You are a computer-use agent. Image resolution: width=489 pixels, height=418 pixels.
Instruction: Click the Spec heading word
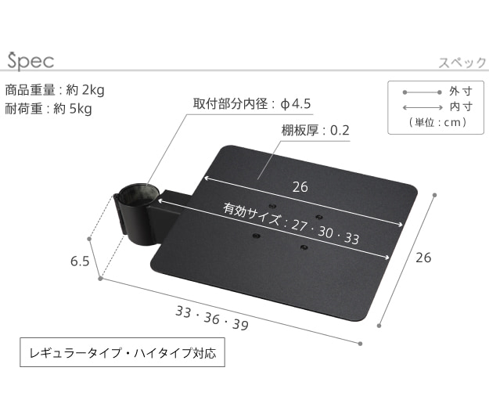click(x=31, y=61)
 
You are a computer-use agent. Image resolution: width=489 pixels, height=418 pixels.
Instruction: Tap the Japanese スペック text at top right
click(x=462, y=63)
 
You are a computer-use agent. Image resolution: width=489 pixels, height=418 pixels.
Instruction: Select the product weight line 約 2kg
click(x=55, y=90)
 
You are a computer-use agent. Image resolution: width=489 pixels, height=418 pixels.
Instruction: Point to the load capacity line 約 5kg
click(x=49, y=109)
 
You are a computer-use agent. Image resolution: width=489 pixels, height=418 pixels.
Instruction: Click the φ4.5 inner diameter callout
click(x=252, y=104)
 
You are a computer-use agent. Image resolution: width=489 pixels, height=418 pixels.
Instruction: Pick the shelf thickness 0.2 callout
click(x=315, y=131)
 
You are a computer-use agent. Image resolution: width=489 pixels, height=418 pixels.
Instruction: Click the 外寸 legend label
click(x=461, y=92)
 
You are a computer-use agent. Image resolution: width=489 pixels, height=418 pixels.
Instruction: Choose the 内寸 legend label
click(x=461, y=106)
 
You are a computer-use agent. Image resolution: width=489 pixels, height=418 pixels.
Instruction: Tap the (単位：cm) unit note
click(x=438, y=122)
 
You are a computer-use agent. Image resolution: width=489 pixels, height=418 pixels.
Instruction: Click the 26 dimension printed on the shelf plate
click(x=300, y=187)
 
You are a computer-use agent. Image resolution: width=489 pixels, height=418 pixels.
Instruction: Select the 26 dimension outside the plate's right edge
click(x=423, y=258)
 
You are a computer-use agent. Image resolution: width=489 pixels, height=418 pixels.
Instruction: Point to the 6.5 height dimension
click(x=80, y=261)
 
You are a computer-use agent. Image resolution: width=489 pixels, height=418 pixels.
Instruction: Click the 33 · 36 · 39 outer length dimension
click(x=212, y=318)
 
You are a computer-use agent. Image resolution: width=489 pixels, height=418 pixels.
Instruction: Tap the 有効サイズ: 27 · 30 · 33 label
click(x=291, y=223)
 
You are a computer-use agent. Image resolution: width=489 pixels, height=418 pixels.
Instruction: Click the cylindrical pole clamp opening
click(x=138, y=195)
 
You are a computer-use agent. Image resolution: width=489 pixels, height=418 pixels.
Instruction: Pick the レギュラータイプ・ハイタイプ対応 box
click(x=122, y=352)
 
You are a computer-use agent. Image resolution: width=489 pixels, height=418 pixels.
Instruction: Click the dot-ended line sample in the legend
click(x=422, y=92)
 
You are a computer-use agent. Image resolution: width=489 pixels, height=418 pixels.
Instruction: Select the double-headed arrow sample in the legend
click(x=422, y=107)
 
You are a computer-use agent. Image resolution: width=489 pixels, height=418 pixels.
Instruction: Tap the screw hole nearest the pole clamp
click(x=257, y=236)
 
